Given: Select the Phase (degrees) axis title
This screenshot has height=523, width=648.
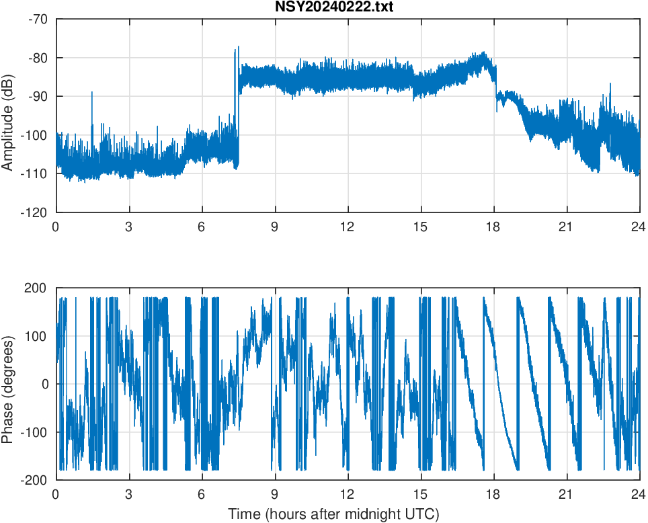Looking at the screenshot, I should [x=8, y=385].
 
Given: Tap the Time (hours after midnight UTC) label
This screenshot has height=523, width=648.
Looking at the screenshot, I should [x=333, y=514].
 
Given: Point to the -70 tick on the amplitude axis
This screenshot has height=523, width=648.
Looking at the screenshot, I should [x=38, y=19].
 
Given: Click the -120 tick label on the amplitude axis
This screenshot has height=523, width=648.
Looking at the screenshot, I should [x=36, y=212].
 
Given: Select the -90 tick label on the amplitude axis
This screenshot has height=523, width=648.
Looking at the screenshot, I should [x=38, y=96].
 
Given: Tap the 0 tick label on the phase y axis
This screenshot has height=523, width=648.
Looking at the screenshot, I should [x=44, y=385].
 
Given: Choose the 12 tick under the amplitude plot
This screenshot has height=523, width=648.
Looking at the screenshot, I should [x=348, y=227].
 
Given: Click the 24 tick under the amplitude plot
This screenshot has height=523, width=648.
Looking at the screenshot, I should [x=639, y=227].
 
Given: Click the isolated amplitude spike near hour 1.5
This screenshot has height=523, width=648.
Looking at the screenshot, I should [x=92, y=93].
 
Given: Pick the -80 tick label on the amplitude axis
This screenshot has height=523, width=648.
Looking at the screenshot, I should [x=38, y=58].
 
